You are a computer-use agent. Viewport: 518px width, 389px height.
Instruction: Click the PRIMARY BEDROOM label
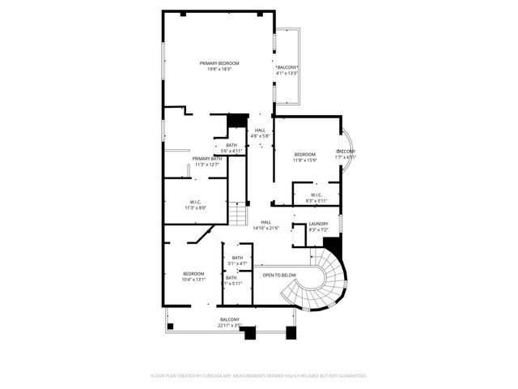point(216,62)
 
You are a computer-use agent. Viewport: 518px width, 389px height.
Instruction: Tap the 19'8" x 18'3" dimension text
point(216,69)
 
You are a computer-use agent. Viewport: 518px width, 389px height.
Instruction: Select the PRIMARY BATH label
point(207,158)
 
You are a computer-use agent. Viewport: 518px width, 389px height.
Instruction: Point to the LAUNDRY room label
point(318,224)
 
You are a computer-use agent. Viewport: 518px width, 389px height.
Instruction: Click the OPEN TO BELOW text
point(279,276)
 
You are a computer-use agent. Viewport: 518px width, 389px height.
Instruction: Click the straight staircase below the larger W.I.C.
point(236,215)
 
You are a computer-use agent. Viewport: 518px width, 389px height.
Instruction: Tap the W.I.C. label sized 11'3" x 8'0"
point(196,202)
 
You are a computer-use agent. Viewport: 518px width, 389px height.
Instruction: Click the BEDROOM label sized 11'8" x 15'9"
point(304,154)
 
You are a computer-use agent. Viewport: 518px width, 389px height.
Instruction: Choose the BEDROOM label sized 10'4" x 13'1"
point(193,273)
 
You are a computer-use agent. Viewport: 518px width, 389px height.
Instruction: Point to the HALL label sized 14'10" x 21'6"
point(265,222)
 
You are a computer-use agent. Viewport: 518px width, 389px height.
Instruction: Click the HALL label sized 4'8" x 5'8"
point(260,130)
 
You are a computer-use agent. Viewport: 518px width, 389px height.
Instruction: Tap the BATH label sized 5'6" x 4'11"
point(231,145)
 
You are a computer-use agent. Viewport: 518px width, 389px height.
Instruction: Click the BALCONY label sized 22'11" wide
point(230,319)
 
